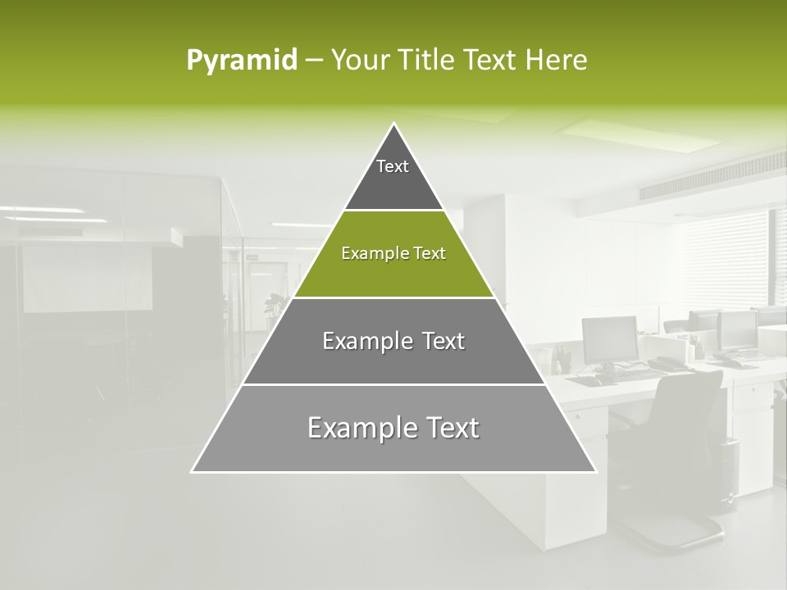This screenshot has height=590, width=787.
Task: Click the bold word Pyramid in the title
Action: tap(242, 61)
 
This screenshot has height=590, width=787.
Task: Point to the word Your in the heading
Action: tap(361, 61)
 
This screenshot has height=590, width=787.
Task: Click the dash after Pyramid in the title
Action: tap(314, 61)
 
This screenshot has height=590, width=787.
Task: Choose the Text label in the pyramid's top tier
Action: tap(393, 166)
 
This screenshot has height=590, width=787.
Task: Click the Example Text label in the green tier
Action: tap(393, 253)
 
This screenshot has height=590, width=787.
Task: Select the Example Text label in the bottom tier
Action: tap(393, 428)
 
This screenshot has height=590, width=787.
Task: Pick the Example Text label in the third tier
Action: tap(393, 341)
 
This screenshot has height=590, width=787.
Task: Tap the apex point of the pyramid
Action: tap(394, 124)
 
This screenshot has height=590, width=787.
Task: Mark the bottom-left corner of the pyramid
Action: tap(193, 471)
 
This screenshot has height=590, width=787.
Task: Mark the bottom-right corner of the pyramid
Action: tap(595, 471)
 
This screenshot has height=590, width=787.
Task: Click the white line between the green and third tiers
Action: tap(393, 297)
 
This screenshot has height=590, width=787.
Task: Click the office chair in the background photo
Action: tap(680, 459)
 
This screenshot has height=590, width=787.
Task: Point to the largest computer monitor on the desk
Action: tap(610, 339)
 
